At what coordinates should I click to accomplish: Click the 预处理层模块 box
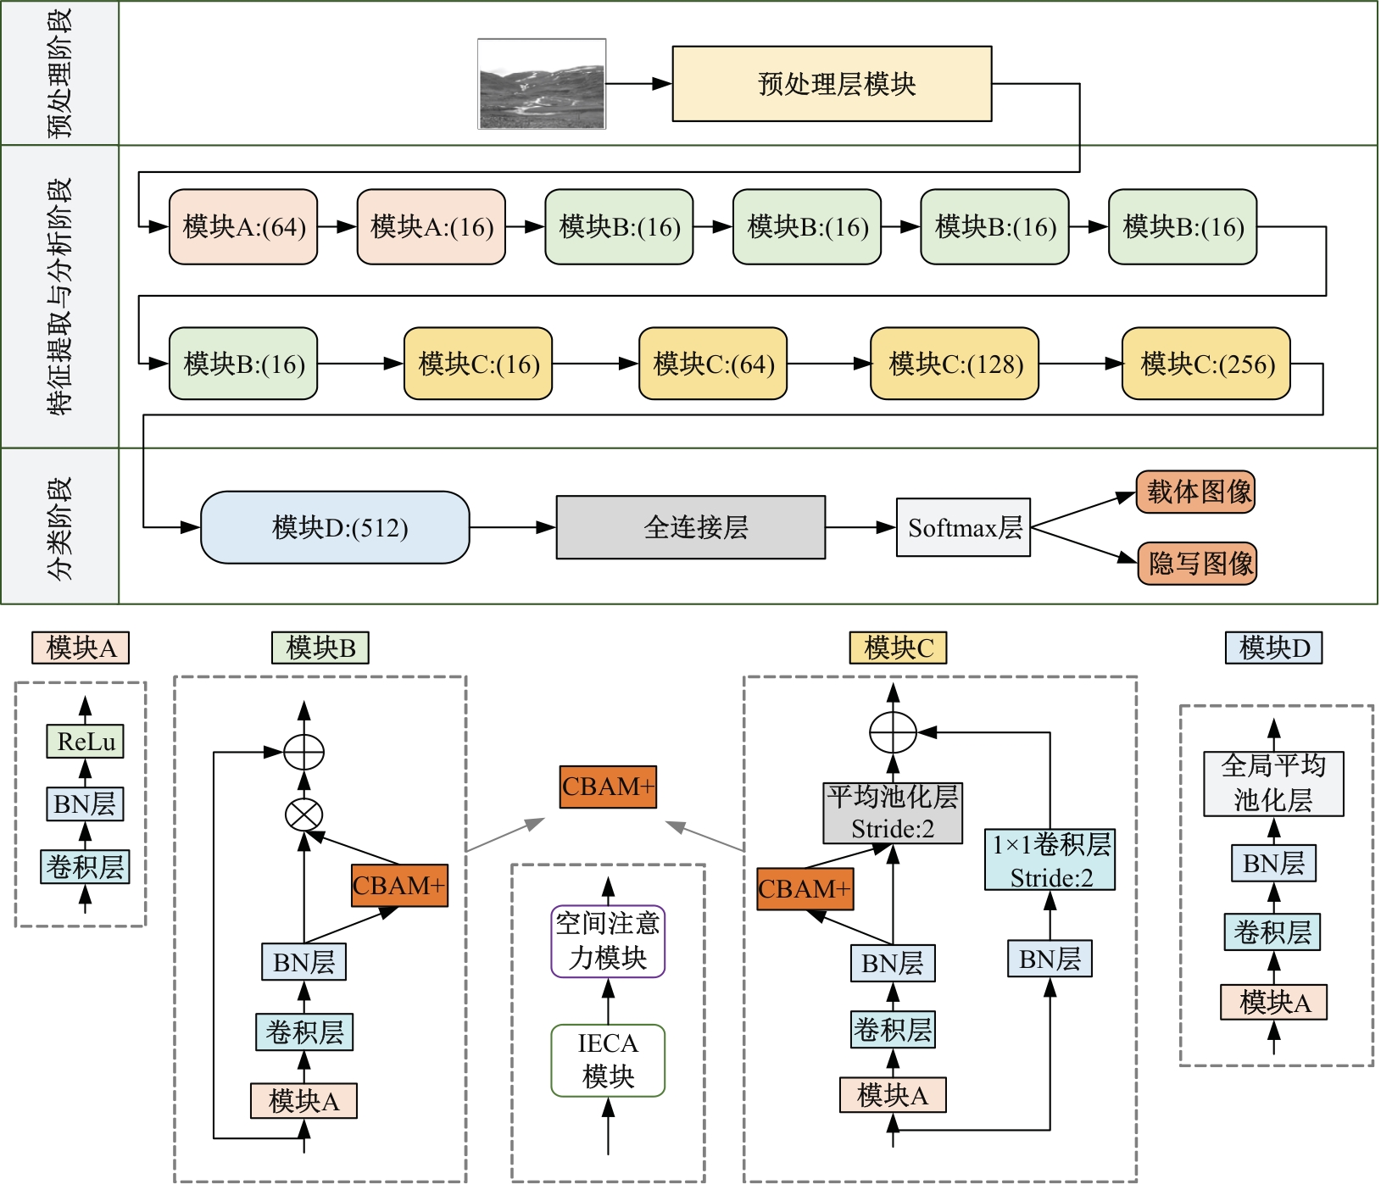click(832, 84)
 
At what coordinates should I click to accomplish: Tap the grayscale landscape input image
click(542, 84)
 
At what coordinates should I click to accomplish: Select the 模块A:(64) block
click(243, 227)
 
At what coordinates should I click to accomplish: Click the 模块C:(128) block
click(955, 364)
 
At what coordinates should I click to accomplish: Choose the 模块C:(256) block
click(1206, 364)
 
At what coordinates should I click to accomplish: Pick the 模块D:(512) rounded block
click(335, 527)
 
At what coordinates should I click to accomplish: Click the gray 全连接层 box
click(690, 527)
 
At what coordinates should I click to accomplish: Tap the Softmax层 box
click(963, 527)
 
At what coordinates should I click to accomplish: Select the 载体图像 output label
click(1195, 492)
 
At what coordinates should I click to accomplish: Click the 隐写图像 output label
click(1197, 564)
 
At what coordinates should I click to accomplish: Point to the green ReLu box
click(85, 742)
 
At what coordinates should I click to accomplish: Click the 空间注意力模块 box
click(608, 941)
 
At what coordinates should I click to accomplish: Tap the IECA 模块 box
click(608, 1060)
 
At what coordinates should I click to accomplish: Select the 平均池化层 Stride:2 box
click(893, 813)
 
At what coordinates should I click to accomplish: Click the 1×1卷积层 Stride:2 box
click(1050, 859)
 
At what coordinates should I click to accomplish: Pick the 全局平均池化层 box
click(1273, 783)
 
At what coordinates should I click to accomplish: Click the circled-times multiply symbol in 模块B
click(303, 815)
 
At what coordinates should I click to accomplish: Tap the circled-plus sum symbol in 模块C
click(893, 732)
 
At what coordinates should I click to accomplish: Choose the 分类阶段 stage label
click(59, 526)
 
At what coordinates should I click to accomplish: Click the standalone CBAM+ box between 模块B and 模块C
click(608, 787)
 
